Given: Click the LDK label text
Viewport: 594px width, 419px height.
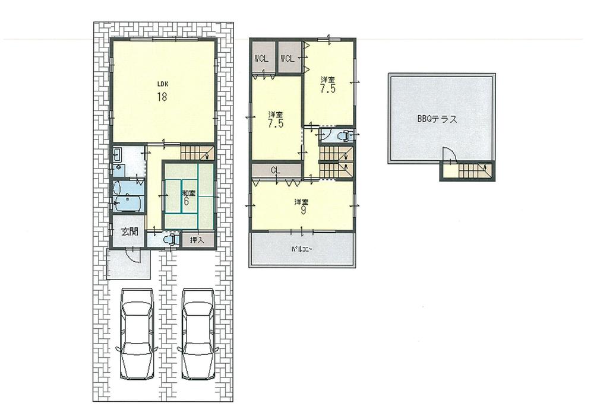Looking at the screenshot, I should (x=161, y=84).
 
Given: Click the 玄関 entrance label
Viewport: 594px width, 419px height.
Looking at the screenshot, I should (x=129, y=232).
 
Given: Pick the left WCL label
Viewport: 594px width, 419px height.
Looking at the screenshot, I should (x=261, y=58).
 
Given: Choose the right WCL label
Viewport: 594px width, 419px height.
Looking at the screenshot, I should (x=287, y=58).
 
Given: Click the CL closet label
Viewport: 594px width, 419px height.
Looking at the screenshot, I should (x=276, y=170).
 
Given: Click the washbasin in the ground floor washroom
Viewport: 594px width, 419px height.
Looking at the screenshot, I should (x=118, y=157).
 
